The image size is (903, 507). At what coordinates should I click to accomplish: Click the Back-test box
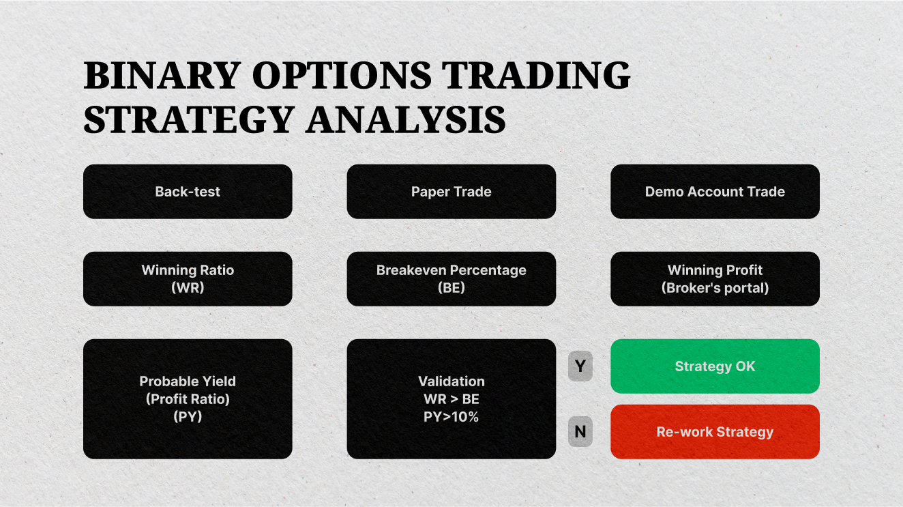point(188,192)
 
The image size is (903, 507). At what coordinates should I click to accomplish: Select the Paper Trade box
point(451,192)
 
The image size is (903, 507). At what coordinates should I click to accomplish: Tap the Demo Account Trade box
point(715,192)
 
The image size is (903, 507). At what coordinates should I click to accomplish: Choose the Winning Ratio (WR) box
point(188,278)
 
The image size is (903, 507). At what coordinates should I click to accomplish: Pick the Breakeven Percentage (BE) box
point(451,278)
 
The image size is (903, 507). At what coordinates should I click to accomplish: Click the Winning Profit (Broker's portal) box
point(715,278)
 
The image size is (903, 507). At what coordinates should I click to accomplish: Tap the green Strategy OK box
point(715,366)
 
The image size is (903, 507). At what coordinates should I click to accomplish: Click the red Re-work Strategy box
point(715,432)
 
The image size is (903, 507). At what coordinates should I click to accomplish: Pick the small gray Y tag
point(580,367)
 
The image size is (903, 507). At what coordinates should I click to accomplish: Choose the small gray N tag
point(580,432)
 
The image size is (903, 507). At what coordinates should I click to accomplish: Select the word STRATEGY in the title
point(188,119)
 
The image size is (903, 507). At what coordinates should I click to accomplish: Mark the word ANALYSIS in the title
point(406,119)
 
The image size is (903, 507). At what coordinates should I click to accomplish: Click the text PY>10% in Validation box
point(451,417)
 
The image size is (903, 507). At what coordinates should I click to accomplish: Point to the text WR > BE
point(451,399)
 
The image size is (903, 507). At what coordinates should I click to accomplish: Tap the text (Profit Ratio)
point(188,399)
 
